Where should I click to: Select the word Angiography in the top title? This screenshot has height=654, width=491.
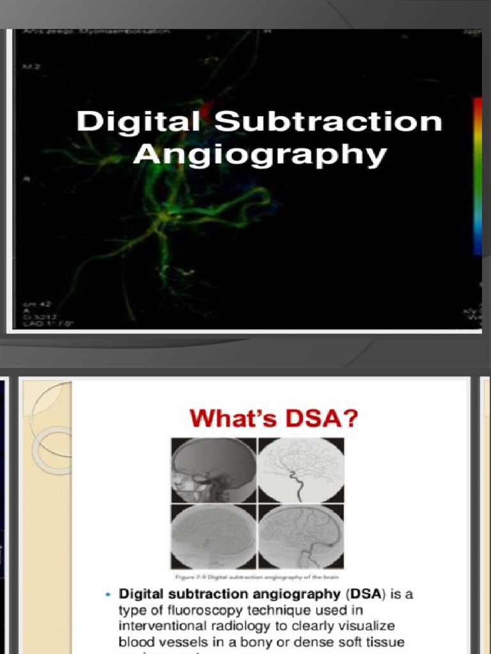260,155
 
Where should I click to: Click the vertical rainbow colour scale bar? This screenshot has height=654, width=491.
477,176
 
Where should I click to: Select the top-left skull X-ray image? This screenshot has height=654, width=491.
214,469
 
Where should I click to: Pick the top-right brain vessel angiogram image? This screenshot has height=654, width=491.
300,469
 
